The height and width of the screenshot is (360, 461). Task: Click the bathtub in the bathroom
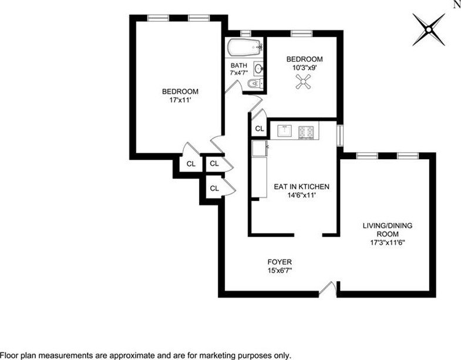[245, 48]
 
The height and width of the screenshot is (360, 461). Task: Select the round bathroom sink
[259, 69]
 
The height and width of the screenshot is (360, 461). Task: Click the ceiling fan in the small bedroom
[304, 81]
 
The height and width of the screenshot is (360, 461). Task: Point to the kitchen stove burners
[307, 132]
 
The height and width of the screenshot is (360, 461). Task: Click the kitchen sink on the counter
[285, 130]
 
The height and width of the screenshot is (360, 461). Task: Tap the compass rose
[429, 29]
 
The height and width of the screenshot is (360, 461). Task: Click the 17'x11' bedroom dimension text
[180, 100]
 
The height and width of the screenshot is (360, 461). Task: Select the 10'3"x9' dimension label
[304, 68]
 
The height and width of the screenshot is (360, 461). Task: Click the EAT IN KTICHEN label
[302, 187]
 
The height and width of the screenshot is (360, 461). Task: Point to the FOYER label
[280, 262]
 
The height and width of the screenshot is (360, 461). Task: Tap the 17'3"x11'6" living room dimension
[388, 243]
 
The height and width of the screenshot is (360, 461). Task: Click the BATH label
[239, 65]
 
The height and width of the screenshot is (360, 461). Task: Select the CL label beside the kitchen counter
[260, 129]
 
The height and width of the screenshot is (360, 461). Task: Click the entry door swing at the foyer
[327, 287]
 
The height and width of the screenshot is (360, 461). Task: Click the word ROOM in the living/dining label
[388, 234]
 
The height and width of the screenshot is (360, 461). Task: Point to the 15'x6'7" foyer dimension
[280, 270]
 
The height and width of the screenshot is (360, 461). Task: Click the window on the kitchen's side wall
[340, 135]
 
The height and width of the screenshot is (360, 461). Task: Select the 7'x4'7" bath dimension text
[239, 72]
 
